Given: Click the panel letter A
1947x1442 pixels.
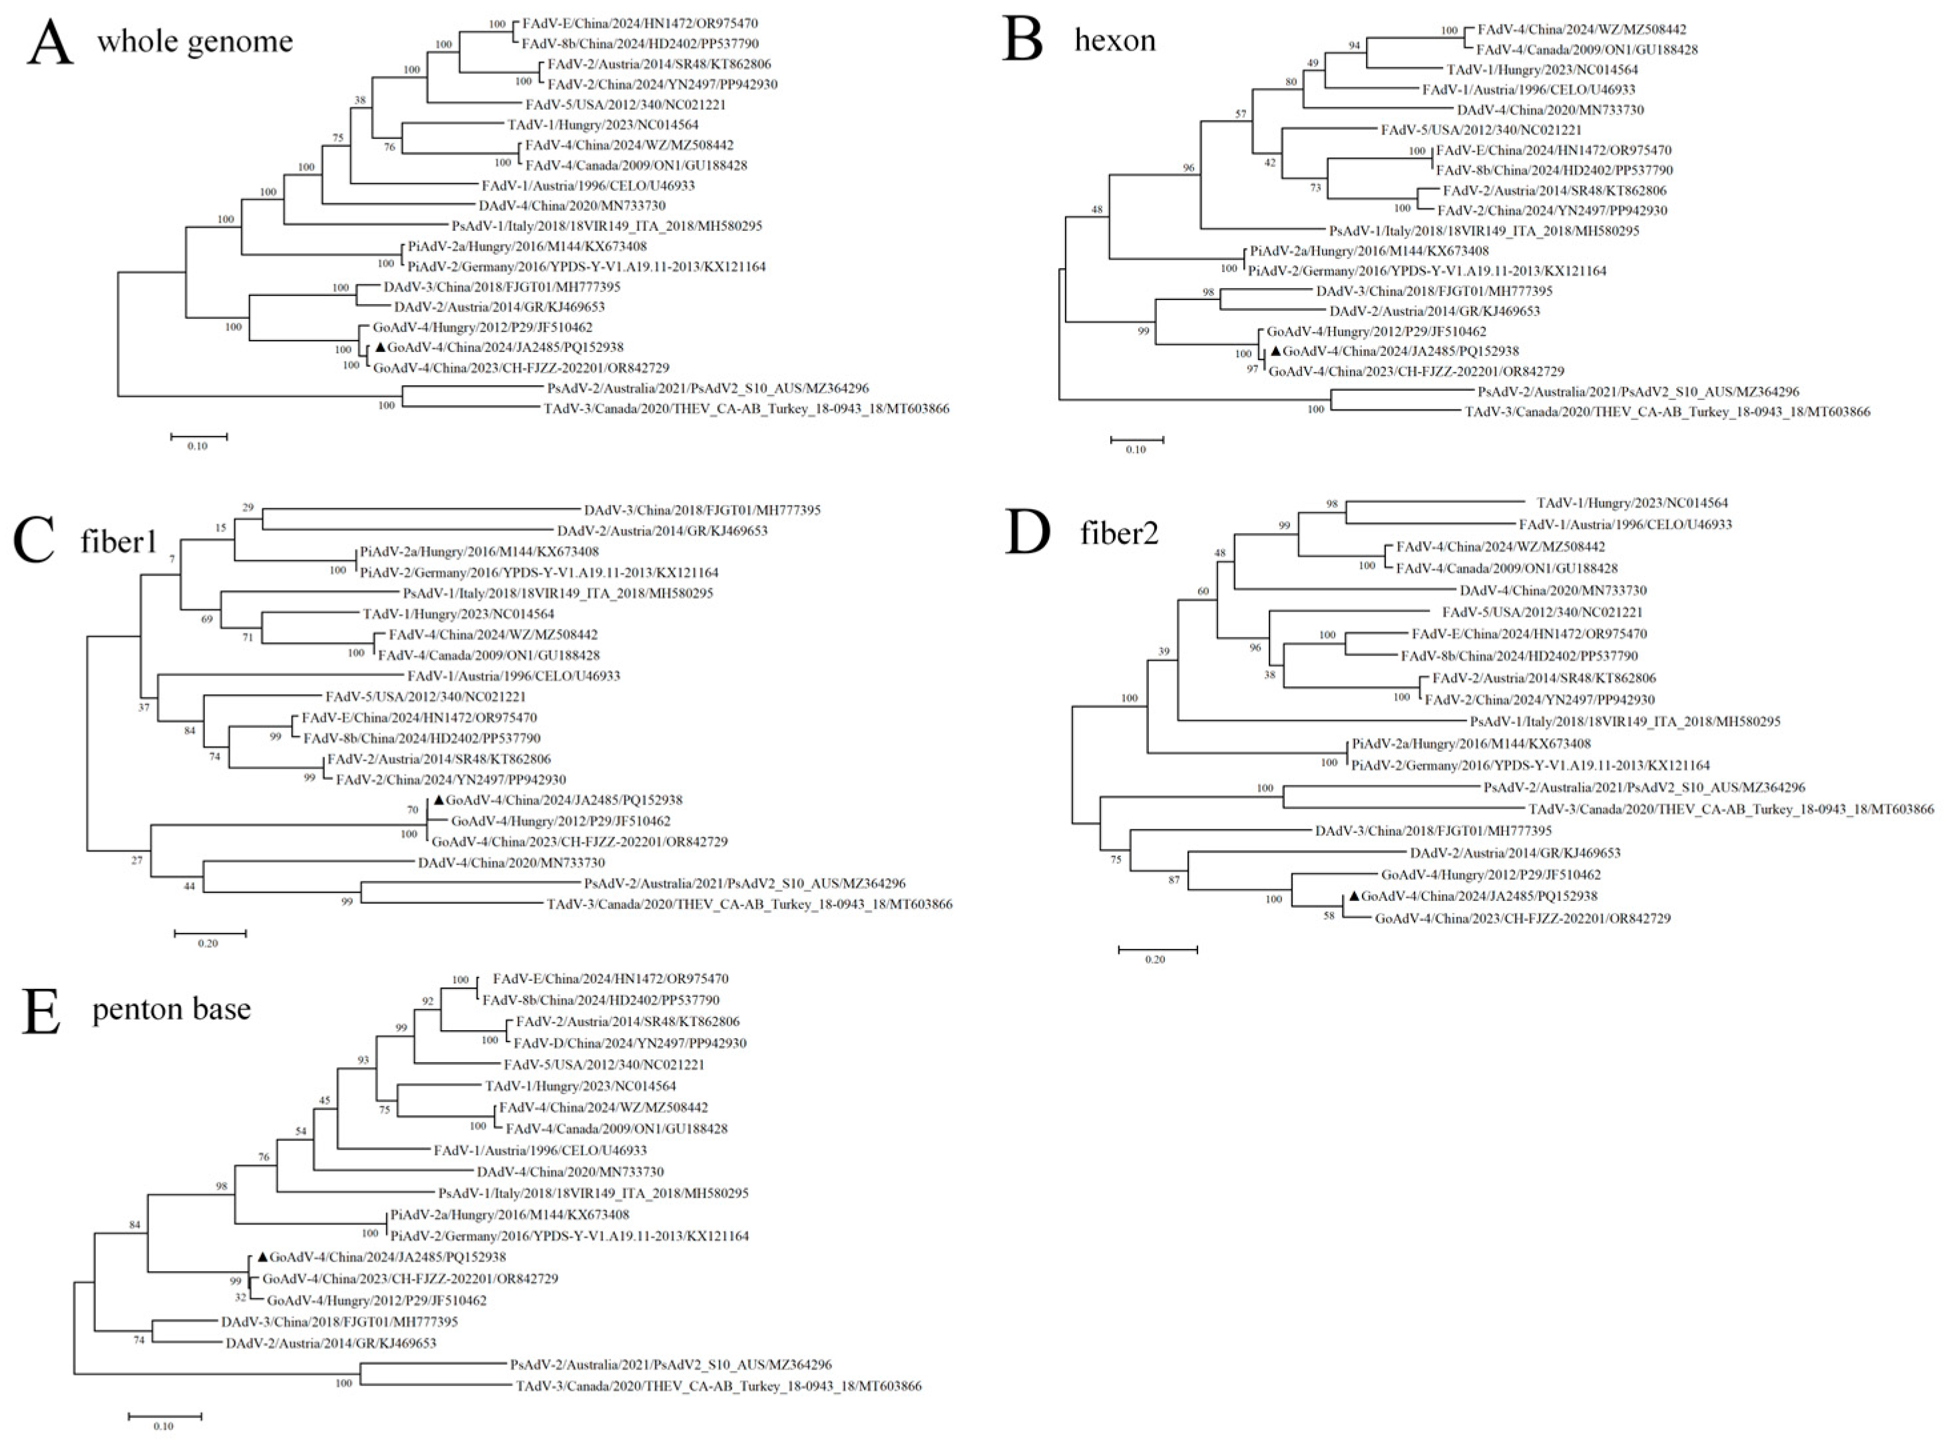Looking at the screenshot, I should (x=50, y=42).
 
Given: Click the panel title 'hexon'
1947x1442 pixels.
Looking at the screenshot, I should (x=1115, y=39).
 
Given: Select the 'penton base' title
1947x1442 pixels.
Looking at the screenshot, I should (x=171, y=1008).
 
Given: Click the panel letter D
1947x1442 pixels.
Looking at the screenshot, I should (x=1028, y=532).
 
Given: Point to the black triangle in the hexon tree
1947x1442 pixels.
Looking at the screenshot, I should (x=1275, y=351).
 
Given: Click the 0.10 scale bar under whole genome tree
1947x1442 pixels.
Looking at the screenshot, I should (x=198, y=436).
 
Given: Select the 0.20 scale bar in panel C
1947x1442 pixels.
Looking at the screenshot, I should (x=210, y=933).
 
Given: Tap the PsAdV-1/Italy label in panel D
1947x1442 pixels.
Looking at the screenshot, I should (x=1625, y=722).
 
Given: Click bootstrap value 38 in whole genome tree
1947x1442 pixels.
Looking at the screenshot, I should (x=359, y=100).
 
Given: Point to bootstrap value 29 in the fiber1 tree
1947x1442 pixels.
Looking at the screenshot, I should (x=248, y=508).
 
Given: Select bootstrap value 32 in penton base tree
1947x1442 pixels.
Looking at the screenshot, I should (x=240, y=1297).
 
